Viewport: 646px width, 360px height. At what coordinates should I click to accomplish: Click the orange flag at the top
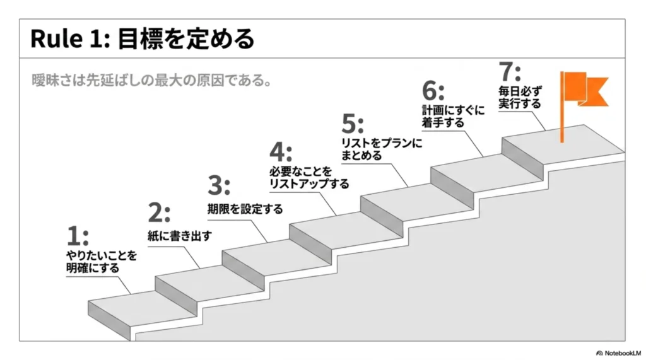pos(585,88)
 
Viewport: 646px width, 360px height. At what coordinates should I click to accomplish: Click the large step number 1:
pos(78,236)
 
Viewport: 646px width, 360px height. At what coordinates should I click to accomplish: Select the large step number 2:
pos(158,213)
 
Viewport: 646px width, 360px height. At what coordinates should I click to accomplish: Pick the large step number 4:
pos(281,152)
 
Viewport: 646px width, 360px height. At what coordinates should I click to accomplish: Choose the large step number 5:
pos(353,124)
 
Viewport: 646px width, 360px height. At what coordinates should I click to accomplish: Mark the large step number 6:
pos(433,91)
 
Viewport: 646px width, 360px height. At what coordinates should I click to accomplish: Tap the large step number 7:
pos(510,72)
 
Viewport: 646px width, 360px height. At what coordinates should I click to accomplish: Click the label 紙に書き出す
pos(180,236)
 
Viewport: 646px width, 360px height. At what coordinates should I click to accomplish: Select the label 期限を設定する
pos(245,209)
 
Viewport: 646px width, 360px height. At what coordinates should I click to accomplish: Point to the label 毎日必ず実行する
pos(520,97)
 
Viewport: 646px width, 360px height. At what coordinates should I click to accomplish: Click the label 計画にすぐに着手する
pos(453,116)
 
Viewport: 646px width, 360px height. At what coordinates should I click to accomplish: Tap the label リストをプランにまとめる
pos(382,149)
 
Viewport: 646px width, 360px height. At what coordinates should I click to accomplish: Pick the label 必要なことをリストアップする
pos(309,178)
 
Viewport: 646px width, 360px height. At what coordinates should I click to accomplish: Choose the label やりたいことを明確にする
pos(102,262)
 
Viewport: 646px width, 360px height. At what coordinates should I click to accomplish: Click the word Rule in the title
pos(56,39)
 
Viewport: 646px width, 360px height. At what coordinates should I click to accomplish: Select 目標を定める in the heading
pos(186,39)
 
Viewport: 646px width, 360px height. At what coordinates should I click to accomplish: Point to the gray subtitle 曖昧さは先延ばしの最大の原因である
pos(151,80)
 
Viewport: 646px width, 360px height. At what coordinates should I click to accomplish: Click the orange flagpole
pos(562,107)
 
